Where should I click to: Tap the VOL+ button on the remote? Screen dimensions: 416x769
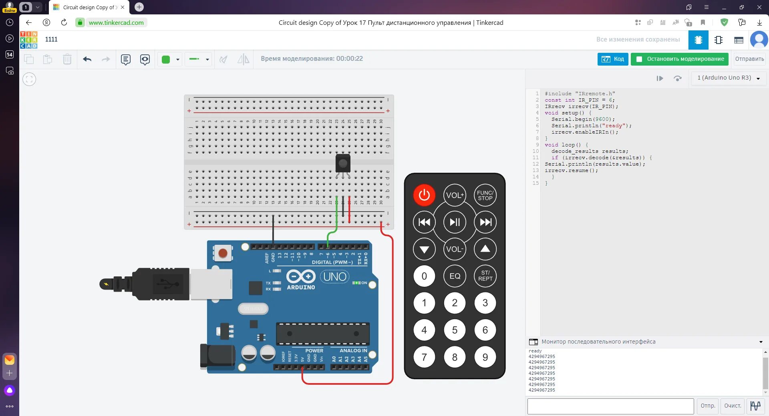point(455,195)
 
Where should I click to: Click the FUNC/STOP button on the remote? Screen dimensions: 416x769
point(485,195)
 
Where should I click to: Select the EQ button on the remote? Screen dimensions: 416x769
point(455,276)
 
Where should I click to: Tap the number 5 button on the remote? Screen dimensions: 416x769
point(455,330)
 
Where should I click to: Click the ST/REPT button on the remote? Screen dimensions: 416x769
point(485,276)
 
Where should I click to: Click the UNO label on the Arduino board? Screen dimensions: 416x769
point(335,276)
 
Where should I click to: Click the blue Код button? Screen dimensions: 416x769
point(613,59)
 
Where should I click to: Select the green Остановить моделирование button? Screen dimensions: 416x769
point(680,59)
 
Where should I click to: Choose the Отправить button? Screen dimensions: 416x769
point(749,59)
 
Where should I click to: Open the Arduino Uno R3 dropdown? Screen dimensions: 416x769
point(729,78)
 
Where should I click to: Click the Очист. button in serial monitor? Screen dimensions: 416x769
point(733,406)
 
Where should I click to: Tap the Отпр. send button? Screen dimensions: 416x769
point(708,406)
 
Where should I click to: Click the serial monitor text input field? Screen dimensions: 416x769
point(610,406)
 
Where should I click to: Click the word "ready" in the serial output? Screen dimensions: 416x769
point(535,351)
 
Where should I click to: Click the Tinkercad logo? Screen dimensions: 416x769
point(29,40)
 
